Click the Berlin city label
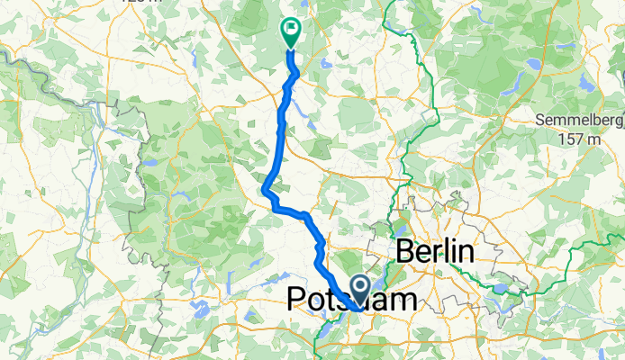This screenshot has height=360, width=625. tap(434, 252)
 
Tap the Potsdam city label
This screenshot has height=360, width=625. tap(351, 300)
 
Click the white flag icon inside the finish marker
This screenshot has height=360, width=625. tap(292, 29)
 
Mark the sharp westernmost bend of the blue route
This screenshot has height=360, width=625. tap(265, 189)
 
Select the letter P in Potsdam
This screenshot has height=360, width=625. tap(297, 300)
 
